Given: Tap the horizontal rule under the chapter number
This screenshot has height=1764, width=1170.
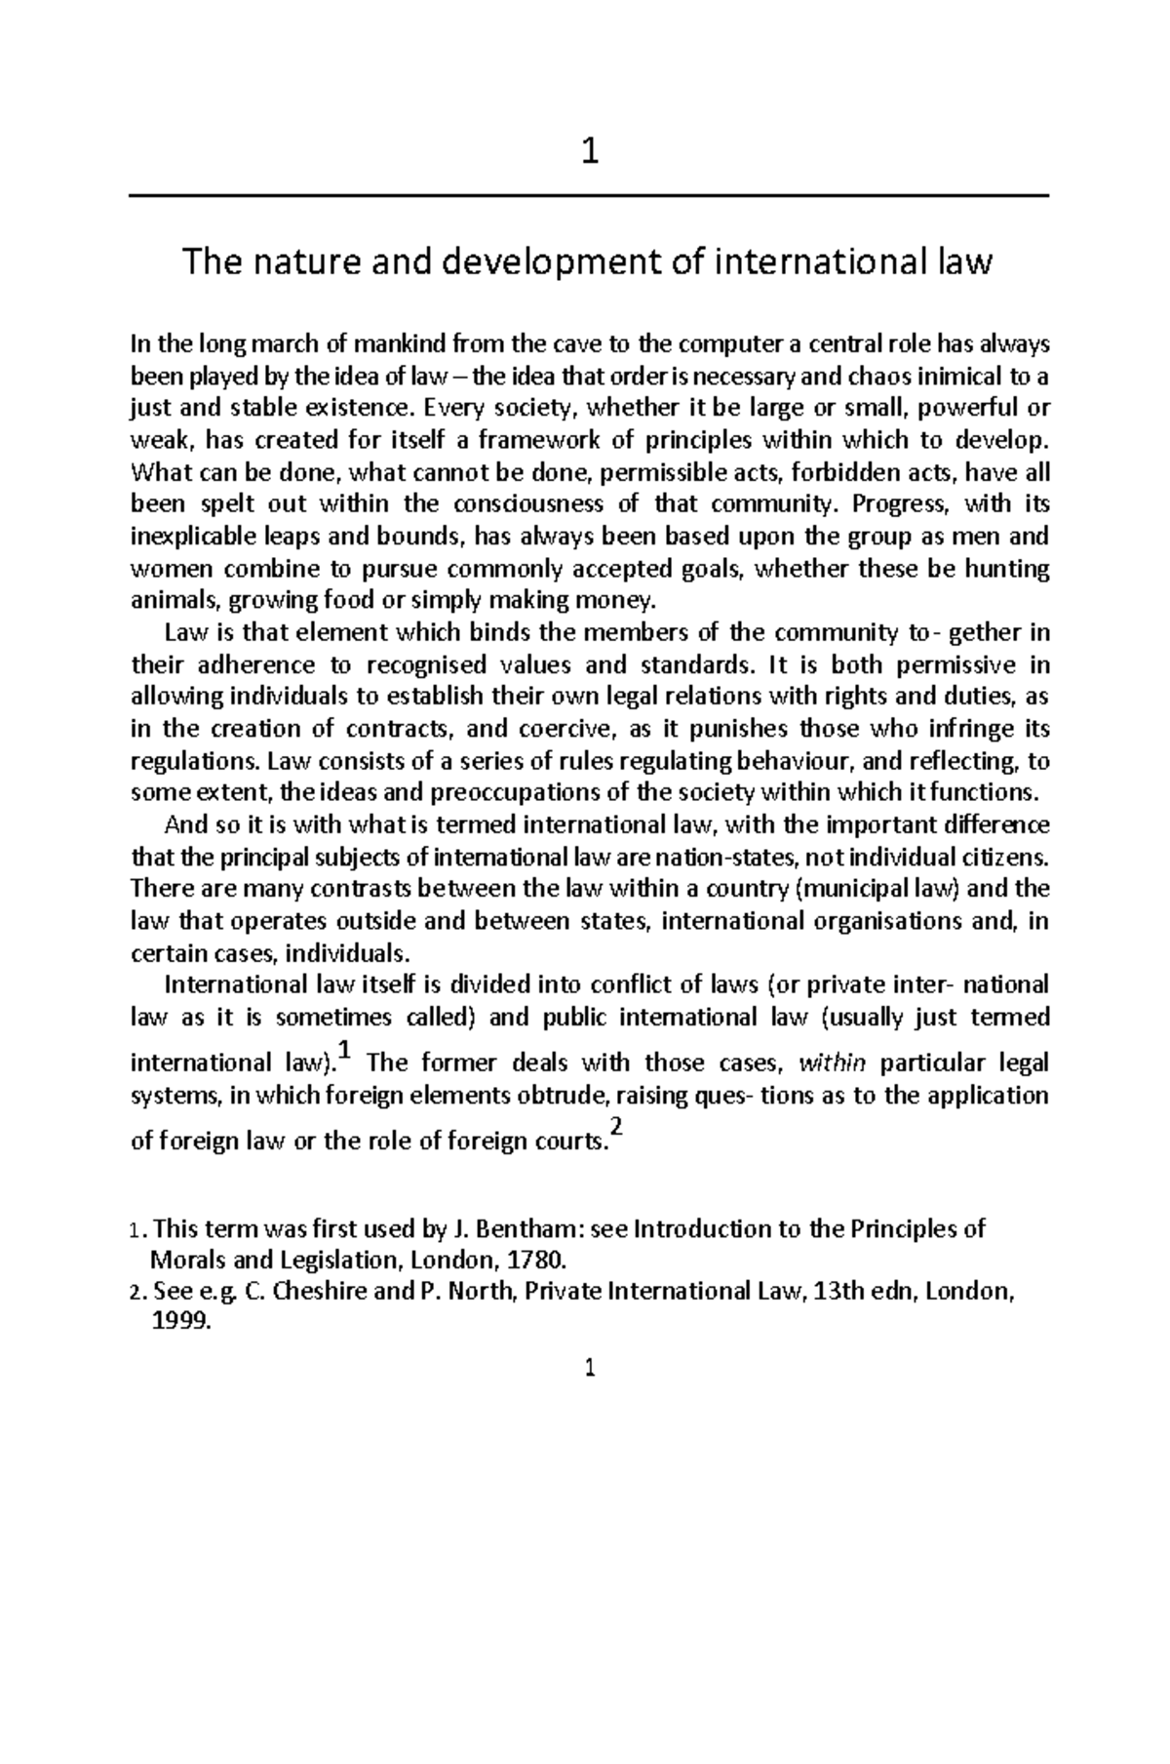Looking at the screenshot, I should (x=589, y=196).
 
